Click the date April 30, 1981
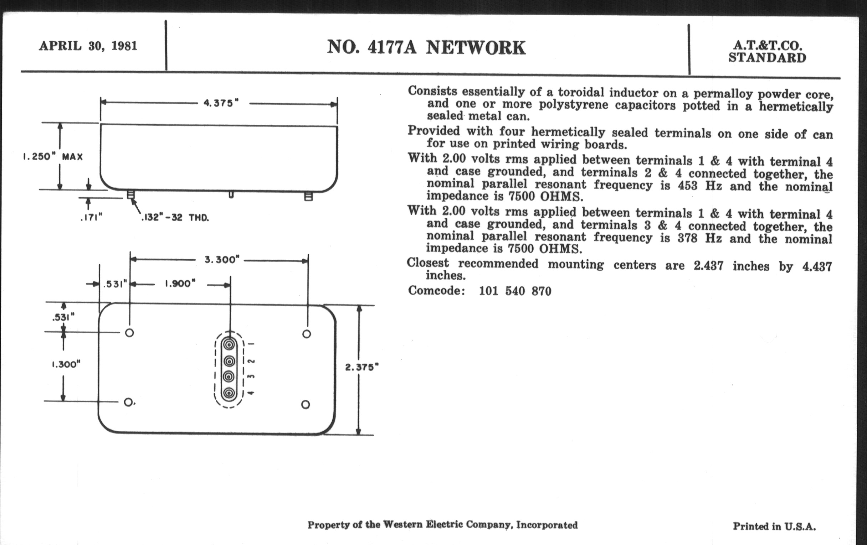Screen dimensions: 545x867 tap(88, 46)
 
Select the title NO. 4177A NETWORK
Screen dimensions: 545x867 tap(426, 47)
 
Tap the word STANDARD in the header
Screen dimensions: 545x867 tap(767, 58)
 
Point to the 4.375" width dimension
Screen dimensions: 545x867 tap(221, 103)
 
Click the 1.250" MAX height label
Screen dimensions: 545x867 tap(53, 157)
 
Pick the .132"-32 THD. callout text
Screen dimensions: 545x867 tap(175, 218)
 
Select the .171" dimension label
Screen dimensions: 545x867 tap(92, 217)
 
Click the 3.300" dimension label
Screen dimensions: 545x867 tap(222, 260)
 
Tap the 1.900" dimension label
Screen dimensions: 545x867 tap(180, 284)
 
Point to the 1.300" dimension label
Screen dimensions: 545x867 tap(66, 364)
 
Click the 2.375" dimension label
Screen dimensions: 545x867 tap(362, 367)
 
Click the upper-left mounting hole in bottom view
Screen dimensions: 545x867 tap(130, 333)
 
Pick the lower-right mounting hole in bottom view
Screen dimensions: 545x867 tap(305, 405)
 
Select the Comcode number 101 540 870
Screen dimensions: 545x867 tap(515, 291)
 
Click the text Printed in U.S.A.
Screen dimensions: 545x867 tap(774, 526)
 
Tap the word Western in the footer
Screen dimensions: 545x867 tap(402, 525)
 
